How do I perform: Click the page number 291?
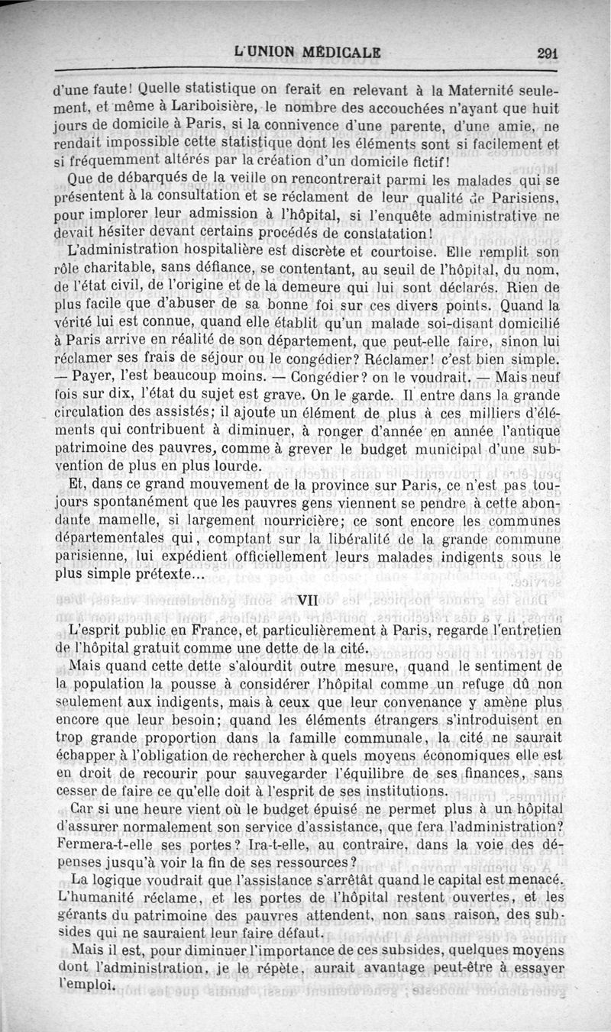tap(548, 53)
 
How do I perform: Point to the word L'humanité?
tap(99, 898)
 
